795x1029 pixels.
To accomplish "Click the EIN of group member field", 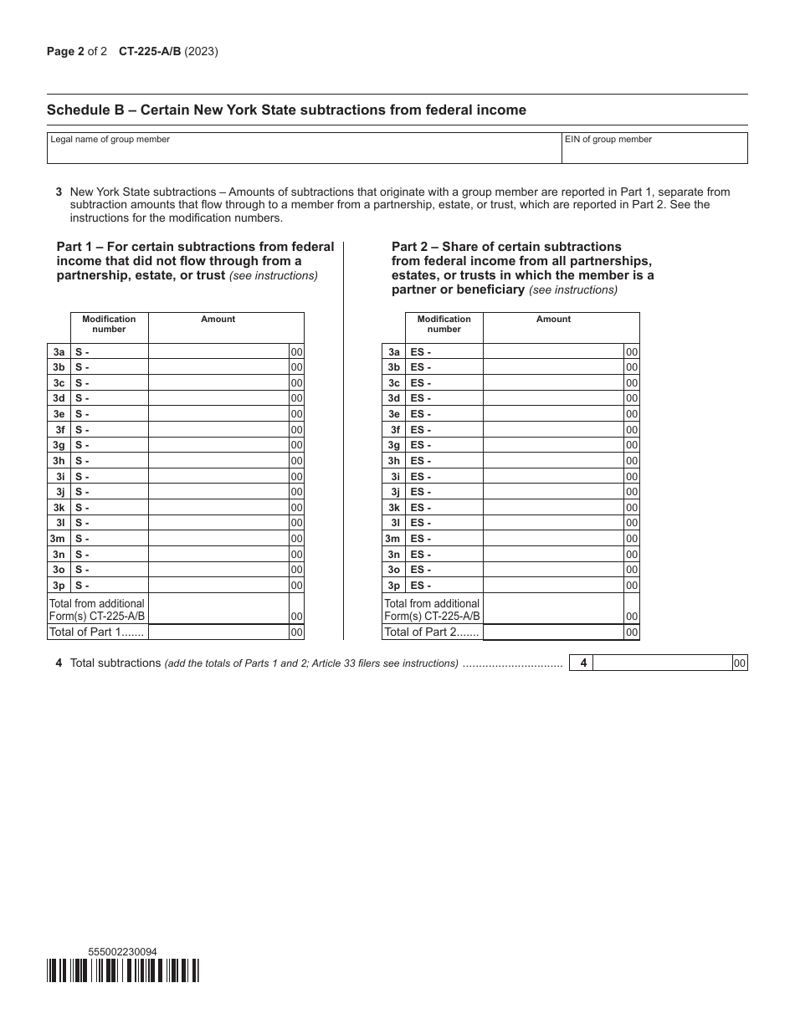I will click(654, 152).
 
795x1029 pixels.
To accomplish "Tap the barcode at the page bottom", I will click(124, 970).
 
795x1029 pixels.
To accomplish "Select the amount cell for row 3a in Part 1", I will click(218, 352).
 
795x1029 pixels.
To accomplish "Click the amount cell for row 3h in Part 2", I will click(554, 461).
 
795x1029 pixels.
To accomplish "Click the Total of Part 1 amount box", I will click(218, 632).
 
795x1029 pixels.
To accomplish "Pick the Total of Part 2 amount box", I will click(554, 632).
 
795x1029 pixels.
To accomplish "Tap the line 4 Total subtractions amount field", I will click(663, 663).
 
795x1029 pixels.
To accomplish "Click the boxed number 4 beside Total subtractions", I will click(583, 663).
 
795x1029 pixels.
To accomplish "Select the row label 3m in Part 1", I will click(58, 539).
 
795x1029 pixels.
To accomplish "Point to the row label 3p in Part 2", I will click(393, 586).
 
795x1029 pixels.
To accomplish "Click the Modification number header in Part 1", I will click(109, 325).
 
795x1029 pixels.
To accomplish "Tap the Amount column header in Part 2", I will click(554, 320).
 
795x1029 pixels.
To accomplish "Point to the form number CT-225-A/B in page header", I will click(150, 52).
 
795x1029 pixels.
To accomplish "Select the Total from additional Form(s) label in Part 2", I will click(432, 610).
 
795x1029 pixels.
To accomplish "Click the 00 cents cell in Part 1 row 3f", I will click(296, 430).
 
